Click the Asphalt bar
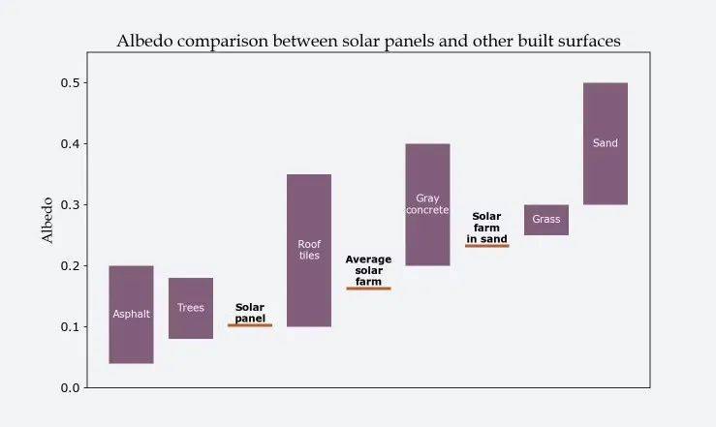coord(131,314)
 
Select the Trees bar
coord(191,308)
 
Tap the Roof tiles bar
coord(309,250)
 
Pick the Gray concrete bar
coord(427,204)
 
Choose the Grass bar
coord(546,220)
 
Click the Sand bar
coord(606,143)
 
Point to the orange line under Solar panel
coord(250,325)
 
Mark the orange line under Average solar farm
coord(368,289)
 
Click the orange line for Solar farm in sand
coord(486,246)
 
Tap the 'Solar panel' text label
coord(250,313)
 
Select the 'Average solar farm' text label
coord(368,270)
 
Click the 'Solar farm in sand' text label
coord(486,228)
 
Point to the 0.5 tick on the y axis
coord(69,83)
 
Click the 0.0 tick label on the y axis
coord(69,388)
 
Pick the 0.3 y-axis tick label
coord(69,205)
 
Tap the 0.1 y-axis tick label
coord(69,327)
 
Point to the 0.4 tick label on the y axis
coord(69,144)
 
